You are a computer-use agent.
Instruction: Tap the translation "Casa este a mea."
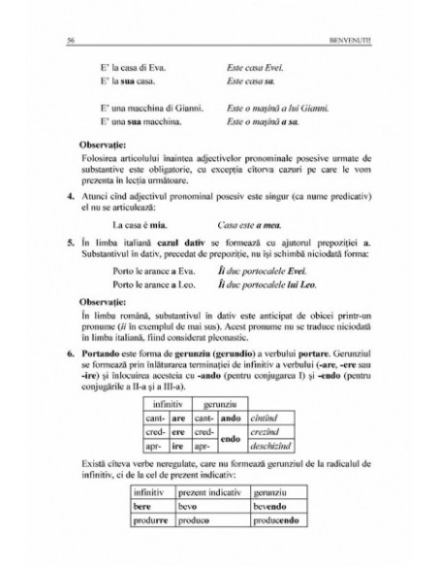[x=248, y=221]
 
